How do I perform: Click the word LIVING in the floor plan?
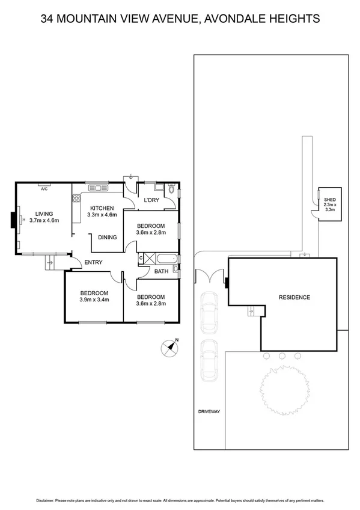pos(44,214)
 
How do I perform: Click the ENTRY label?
pos(93,262)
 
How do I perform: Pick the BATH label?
pos(160,271)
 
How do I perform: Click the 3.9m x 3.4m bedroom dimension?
pos(94,301)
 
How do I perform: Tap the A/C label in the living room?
pos(44,189)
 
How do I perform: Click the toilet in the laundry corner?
pos(171,190)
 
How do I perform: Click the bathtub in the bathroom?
pos(160,259)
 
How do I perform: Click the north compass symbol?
pos(169,348)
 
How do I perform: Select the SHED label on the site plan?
pos(329,199)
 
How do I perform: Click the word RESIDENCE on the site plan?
pos(294,297)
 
